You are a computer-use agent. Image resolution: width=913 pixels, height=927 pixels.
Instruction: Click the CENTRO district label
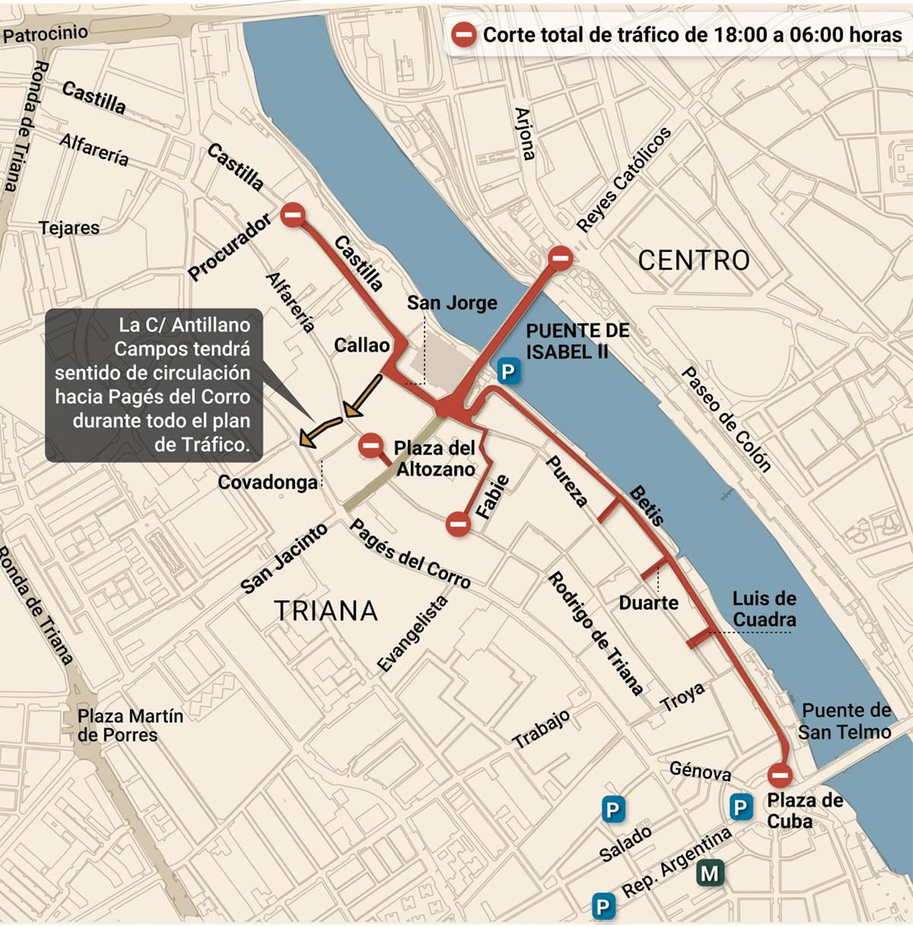(x=693, y=261)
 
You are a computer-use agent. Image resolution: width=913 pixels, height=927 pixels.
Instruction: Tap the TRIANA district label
(x=326, y=611)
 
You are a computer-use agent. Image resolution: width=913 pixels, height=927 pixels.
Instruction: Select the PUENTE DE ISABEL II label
(x=577, y=341)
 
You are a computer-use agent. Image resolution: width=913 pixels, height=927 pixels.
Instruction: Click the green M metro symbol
(x=710, y=873)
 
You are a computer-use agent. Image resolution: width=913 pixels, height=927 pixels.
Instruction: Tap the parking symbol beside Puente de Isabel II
(x=507, y=372)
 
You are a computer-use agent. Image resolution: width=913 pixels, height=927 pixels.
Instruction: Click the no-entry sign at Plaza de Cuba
(x=779, y=775)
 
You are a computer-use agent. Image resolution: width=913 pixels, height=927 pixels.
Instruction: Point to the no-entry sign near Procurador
(x=293, y=215)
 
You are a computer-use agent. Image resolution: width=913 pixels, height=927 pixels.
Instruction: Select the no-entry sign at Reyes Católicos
(x=560, y=258)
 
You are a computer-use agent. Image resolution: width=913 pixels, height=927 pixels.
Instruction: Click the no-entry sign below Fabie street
(x=458, y=523)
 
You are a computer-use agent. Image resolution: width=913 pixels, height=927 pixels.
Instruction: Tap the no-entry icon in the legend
(x=464, y=35)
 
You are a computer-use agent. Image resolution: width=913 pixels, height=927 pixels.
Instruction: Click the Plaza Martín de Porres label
(x=130, y=725)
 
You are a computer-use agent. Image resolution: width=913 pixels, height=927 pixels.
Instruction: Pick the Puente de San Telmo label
(x=845, y=721)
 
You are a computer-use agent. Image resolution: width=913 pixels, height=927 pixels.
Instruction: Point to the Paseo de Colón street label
(x=726, y=419)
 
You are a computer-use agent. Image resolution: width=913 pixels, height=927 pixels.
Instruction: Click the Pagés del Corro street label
(x=410, y=554)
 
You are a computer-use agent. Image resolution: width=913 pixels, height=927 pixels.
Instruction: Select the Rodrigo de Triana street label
(x=595, y=634)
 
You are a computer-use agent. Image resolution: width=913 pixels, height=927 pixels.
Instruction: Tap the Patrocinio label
(x=45, y=34)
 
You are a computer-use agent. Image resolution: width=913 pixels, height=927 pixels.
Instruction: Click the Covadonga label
(x=268, y=482)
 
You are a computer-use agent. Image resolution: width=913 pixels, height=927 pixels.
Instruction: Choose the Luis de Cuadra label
(x=764, y=609)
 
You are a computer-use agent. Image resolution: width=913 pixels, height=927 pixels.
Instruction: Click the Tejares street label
(x=69, y=228)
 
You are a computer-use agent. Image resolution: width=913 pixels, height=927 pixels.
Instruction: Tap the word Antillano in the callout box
(x=211, y=325)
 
